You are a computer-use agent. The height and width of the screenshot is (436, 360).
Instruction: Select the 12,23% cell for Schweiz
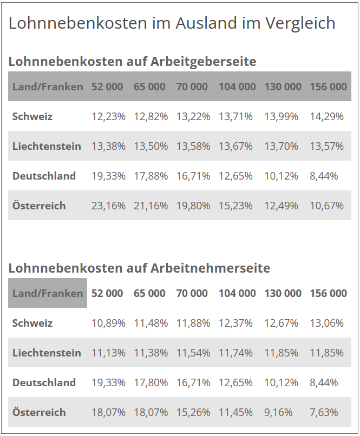[x=108, y=116]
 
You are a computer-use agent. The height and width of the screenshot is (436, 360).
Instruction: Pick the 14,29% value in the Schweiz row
[x=326, y=116]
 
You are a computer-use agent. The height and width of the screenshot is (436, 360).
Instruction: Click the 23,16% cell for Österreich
[x=108, y=206]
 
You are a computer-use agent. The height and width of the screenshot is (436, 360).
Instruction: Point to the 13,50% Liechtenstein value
[x=150, y=146]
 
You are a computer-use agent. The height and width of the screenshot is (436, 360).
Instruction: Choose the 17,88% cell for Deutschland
[x=150, y=176]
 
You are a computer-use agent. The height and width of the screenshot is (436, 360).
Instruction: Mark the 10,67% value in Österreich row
[x=326, y=206]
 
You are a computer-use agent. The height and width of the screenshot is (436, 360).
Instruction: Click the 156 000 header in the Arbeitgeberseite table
[x=328, y=87]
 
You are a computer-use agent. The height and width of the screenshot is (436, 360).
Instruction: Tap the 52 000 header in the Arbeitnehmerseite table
[x=107, y=293]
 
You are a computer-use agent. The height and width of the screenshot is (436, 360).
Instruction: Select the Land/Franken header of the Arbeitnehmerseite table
[x=48, y=293]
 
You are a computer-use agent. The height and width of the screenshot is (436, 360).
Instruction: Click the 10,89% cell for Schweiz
[x=108, y=323]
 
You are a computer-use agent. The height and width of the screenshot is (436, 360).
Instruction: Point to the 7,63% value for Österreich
[x=324, y=412]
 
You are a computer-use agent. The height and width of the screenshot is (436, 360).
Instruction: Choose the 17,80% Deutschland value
[x=150, y=382]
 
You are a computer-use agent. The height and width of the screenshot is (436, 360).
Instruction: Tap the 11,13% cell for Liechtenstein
[x=108, y=353]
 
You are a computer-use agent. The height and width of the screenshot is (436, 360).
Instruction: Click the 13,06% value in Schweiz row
[x=326, y=323]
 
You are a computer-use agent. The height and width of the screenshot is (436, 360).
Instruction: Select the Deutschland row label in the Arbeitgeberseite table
[x=44, y=176]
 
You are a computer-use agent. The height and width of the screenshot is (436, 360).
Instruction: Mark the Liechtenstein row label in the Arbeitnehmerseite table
[x=47, y=353]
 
